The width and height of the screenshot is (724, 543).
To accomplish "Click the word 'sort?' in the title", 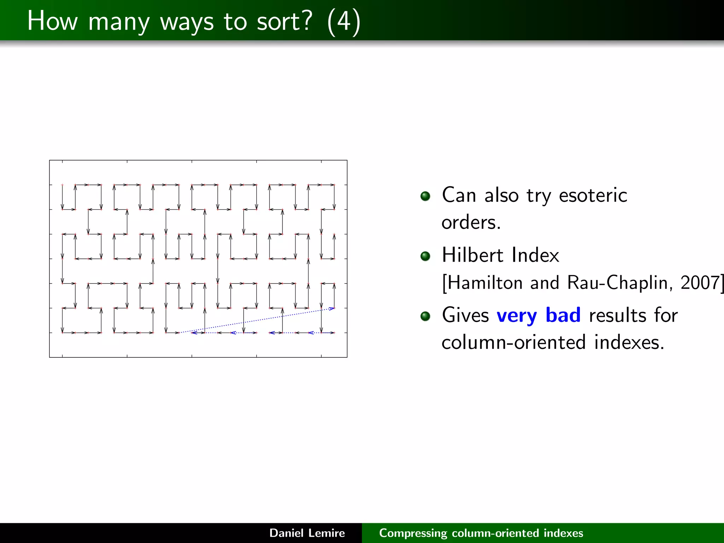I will click(285, 21).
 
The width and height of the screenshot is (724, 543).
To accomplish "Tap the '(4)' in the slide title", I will click(344, 22).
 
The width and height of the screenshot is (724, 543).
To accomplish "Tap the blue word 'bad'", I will click(563, 315).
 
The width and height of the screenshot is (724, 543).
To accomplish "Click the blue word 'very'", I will click(516, 316).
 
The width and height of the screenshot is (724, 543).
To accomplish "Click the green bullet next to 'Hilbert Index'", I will click(425, 256).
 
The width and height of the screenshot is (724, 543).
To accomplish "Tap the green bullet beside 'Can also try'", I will click(425, 196).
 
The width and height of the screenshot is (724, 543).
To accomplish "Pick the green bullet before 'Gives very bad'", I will click(425, 316).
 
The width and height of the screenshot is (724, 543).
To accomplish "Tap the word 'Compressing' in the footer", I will click(413, 533).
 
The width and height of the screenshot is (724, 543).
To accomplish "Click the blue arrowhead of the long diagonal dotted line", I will click(332, 309).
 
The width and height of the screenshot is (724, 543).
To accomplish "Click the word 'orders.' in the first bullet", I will click(471, 223).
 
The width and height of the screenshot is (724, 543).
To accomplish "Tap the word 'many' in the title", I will click(119, 22).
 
